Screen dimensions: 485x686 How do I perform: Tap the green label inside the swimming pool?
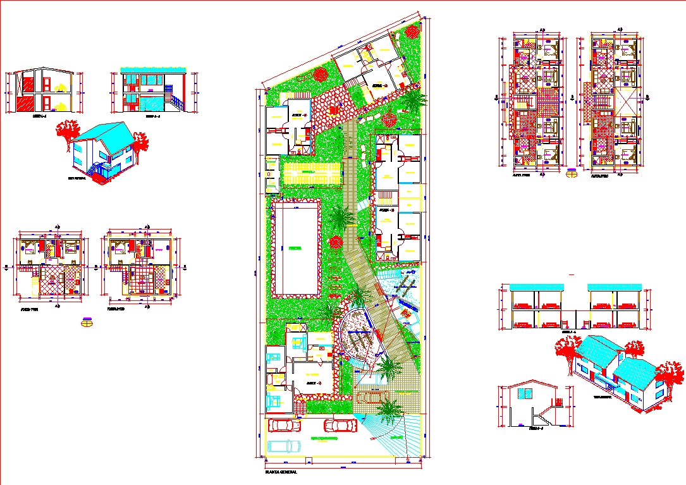point(295,249)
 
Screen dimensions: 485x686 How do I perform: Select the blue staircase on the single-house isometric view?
point(94,169)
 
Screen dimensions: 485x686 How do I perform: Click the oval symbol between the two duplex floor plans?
point(572,173)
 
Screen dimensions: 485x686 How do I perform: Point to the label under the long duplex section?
point(571,331)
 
